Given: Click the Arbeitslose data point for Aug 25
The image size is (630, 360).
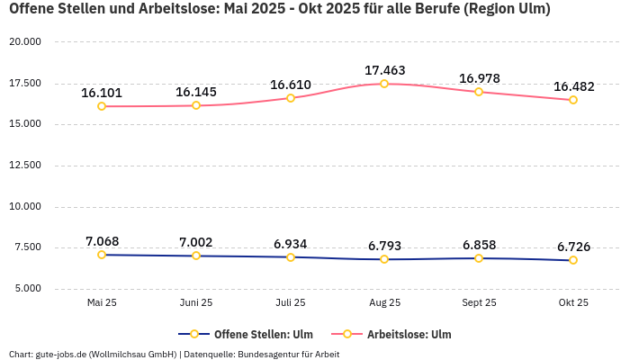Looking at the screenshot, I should [x=384, y=84].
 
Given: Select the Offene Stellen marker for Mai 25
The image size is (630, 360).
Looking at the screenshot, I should [x=102, y=255].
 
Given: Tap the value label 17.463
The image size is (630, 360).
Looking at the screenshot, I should [x=384, y=70].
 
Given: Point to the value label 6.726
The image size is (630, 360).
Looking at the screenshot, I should [x=573, y=247].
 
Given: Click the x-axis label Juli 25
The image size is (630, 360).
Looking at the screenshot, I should [x=290, y=303].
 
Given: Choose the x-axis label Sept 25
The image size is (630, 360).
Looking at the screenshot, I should [x=479, y=303].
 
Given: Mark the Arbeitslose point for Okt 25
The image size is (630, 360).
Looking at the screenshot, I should [x=573, y=100].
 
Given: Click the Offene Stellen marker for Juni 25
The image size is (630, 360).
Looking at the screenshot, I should [x=196, y=256].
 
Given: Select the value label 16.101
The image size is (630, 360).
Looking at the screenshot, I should [x=102, y=93].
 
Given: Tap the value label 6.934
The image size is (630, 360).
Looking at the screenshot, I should [x=290, y=244].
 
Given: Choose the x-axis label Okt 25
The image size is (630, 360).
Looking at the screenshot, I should [x=573, y=303].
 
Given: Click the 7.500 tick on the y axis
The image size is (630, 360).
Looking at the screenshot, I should [x=27, y=247].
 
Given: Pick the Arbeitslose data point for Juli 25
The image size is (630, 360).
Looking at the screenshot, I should [x=290, y=98].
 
